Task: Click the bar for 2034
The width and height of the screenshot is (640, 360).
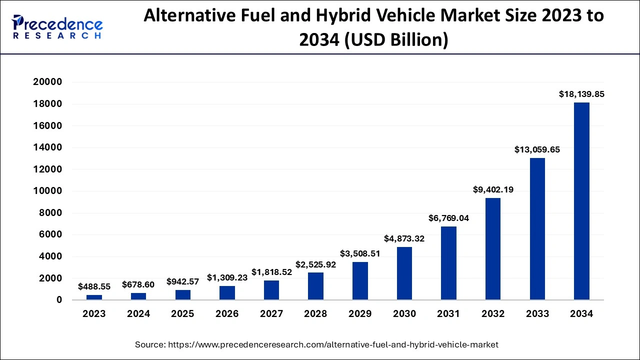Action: point(581,201)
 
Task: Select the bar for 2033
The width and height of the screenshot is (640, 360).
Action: point(537,229)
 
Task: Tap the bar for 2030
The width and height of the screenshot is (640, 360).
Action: point(404,273)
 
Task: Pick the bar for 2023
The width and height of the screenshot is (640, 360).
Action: point(94,297)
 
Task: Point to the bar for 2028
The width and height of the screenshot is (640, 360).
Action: point(315,286)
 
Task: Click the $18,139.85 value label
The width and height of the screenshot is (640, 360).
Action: point(581,94)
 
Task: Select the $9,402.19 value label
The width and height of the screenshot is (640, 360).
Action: point(493,189)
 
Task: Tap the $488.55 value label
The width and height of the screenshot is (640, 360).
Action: point(94,286)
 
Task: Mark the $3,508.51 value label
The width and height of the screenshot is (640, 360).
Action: point(360,253)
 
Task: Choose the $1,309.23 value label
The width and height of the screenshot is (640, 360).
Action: point(227,277)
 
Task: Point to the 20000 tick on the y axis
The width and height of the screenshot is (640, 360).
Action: point(48,82)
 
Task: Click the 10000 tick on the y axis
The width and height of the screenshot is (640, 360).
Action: point(48,191)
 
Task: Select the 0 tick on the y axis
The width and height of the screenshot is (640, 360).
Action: point(59,300)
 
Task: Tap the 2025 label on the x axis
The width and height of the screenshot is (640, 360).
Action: point(182,314)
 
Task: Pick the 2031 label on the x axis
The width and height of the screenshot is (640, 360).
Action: point(448,314)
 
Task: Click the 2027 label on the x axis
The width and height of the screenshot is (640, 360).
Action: point(271,314)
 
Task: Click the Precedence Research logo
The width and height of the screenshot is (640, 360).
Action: point(57,27)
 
